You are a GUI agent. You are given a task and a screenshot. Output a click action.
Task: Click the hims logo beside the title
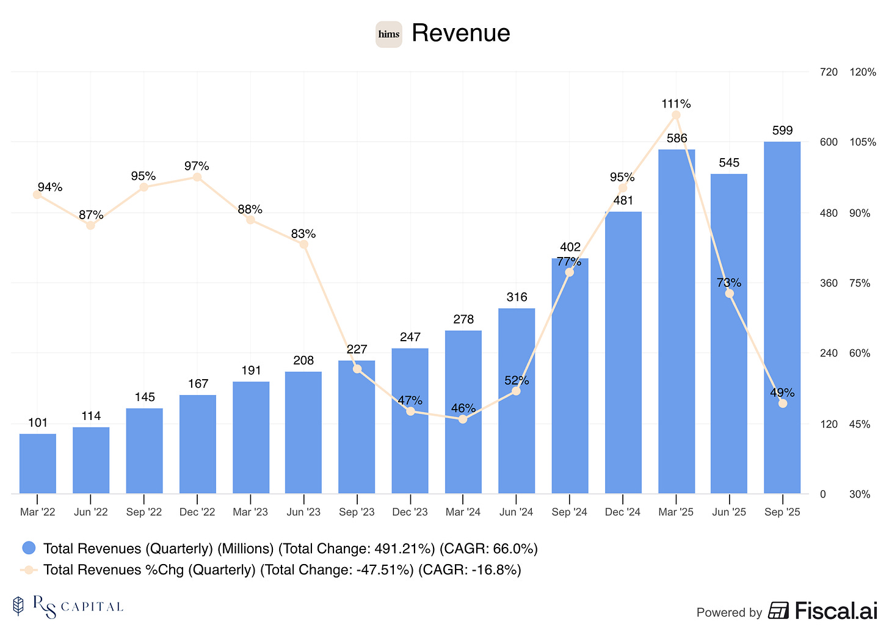click(x=388, y=34)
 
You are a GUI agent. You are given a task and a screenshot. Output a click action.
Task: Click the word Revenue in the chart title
click(x=460, y=33)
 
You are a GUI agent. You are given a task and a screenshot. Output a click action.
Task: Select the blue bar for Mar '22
click(x=38, y=463)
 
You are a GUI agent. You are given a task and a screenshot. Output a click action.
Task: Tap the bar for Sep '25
click(x=782, y=317)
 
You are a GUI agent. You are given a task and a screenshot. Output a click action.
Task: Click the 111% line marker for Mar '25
click(x=676, y=115)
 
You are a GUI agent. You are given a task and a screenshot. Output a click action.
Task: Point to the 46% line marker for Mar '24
click(x=463, y=419)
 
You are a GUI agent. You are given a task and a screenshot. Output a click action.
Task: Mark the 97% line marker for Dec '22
click(x=197, y=177)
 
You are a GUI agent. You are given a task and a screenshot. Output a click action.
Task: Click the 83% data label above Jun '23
click(x=303, y=234)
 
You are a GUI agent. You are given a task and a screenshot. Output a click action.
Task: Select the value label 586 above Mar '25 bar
click(x=677, y=139)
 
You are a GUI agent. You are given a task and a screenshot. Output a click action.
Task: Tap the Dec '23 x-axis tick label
click(x=410, y=512)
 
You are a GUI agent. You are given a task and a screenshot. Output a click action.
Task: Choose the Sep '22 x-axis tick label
click(x=144, y=512)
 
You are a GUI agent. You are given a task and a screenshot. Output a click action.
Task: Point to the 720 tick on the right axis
click(x=829, y=72)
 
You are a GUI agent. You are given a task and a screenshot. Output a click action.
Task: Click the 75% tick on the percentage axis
click(x=860, y=283)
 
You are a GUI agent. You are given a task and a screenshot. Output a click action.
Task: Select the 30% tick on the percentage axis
click(x=860, y=494)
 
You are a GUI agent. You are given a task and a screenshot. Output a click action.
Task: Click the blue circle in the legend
click(x=29, y=548)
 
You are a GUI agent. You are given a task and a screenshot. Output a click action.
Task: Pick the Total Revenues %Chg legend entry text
click(x=282, y=570)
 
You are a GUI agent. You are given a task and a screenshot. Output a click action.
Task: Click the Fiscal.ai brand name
click(x=835, y=610)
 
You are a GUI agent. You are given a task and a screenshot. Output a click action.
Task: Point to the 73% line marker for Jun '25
click(x=729, y=294)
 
